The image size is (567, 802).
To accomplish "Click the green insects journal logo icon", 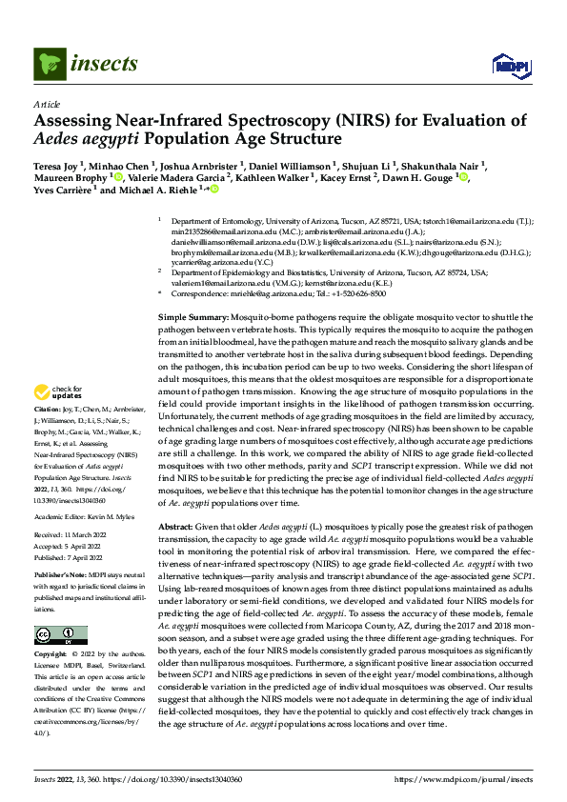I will pyautogui.click(x=49, y=65).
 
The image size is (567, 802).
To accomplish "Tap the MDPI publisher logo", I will pyautogui.click(x=505, y=65).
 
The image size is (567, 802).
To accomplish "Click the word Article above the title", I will pyautogui.click(x=47, y=103).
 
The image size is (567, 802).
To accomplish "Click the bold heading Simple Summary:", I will pyautogui.click(x=192, y=315).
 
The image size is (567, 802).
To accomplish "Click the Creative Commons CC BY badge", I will pyautogui.click(x=60, y=635).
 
